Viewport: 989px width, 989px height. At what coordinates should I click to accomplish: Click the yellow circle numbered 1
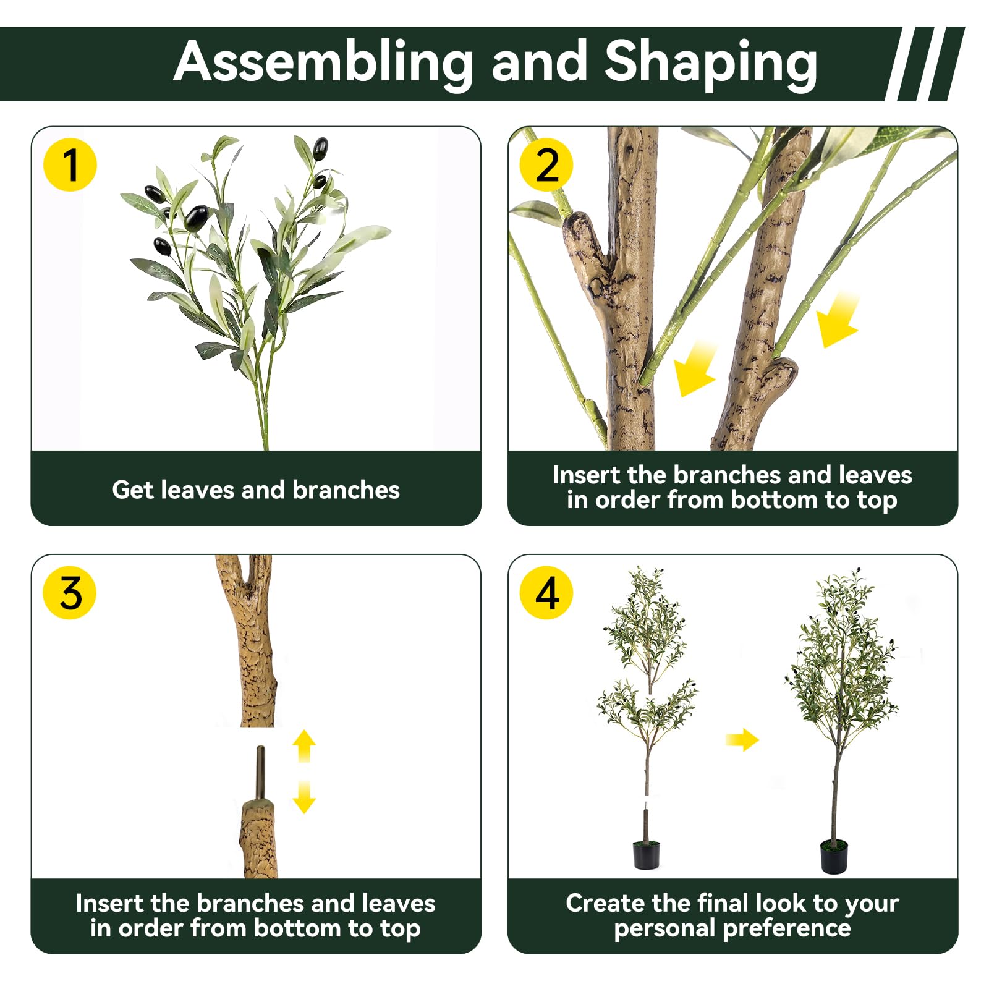point(70,164)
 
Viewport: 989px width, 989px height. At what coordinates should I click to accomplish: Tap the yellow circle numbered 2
point(546,164)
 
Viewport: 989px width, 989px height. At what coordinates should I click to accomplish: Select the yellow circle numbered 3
point(70,592)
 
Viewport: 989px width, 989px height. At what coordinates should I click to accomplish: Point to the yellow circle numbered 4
point(546,592)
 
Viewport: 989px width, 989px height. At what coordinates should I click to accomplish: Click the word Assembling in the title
point(323,63)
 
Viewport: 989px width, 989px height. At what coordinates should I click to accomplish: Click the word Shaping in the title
point(711,63)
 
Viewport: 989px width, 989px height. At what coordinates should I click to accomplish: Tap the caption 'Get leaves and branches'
point(256,490)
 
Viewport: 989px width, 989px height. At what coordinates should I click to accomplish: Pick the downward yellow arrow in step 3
point(304,797)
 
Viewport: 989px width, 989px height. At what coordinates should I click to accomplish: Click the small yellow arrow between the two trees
point(742,739)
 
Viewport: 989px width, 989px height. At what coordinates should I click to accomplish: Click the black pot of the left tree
point(647,854)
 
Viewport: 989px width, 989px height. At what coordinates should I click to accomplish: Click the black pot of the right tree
point(834,856)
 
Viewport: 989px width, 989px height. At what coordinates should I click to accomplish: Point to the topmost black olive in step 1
point(320,149)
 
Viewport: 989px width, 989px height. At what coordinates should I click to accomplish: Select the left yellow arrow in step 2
point(695,368)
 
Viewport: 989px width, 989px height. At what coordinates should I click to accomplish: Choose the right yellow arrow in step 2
point(838,320)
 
